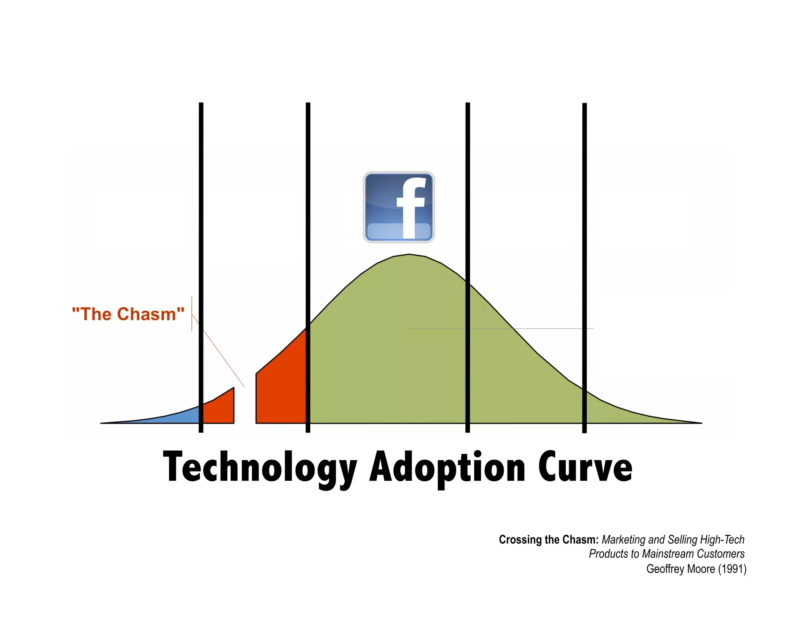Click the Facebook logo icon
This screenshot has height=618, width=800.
398,207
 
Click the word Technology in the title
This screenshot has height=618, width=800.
260,468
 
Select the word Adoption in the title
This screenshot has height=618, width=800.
448,468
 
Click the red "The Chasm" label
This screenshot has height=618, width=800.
128,314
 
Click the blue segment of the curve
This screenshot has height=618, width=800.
172,417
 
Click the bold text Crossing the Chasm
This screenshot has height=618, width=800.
548,539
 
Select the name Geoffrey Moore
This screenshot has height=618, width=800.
680,569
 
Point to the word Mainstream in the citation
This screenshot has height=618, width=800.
668,554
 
